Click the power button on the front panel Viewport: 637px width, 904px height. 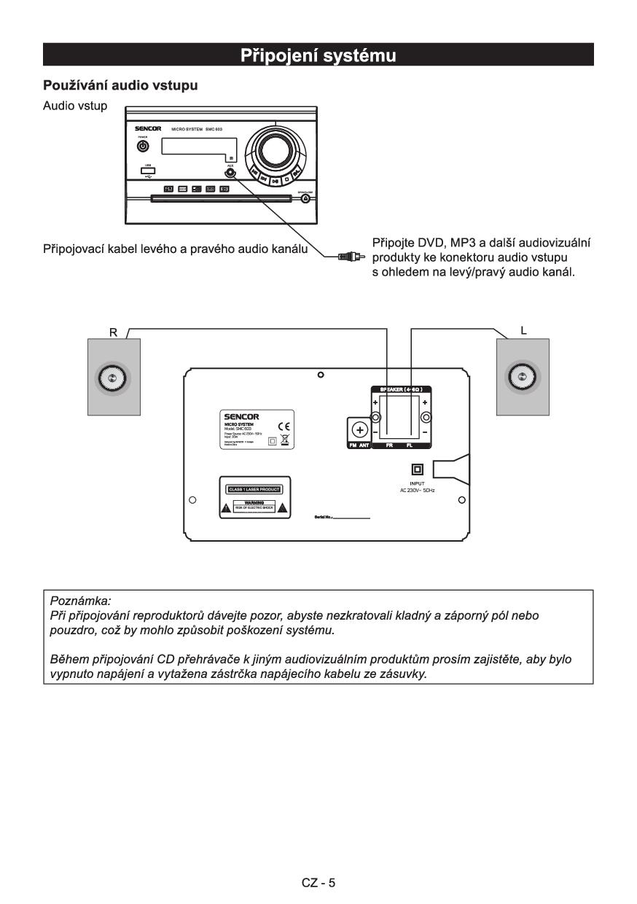point(143,146)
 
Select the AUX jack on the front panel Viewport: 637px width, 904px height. point(231,173)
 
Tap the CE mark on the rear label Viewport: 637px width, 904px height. point(284,426)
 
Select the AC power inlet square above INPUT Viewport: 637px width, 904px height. point(418,470)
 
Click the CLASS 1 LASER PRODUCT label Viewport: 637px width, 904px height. point(254,489)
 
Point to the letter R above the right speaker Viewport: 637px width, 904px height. point(113,332)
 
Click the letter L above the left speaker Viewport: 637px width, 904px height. point(523,330)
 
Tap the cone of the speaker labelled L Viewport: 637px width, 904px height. point(522,376)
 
